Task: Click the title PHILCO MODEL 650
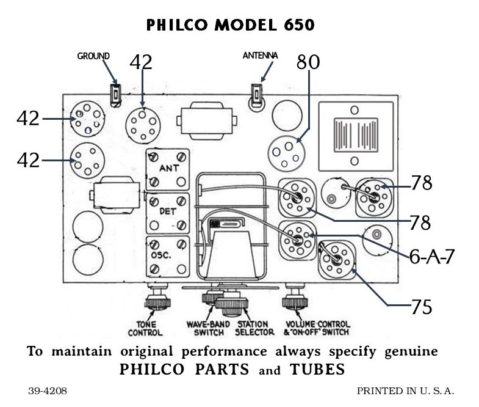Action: [x=231, y=25]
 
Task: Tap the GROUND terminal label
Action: [x=93, y=56]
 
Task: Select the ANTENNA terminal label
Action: [x=260, y=56]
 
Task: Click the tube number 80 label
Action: [x=308, y=62]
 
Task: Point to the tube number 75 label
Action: [x=421, y=306]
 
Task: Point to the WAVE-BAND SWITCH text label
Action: [x=207, y=329]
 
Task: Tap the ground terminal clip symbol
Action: [x=114, y=94]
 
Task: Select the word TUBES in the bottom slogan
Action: [x=317, y=370]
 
